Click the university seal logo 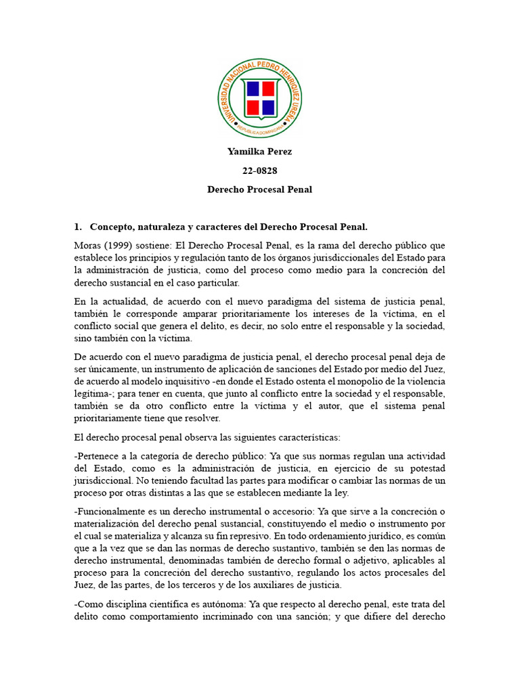[260, 98]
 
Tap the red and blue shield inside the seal [260, 98]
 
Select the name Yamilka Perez [259, 152]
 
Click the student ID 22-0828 [259, 171]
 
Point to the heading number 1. [77, 226]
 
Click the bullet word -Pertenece [97, 456]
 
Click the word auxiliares [267, 585]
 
